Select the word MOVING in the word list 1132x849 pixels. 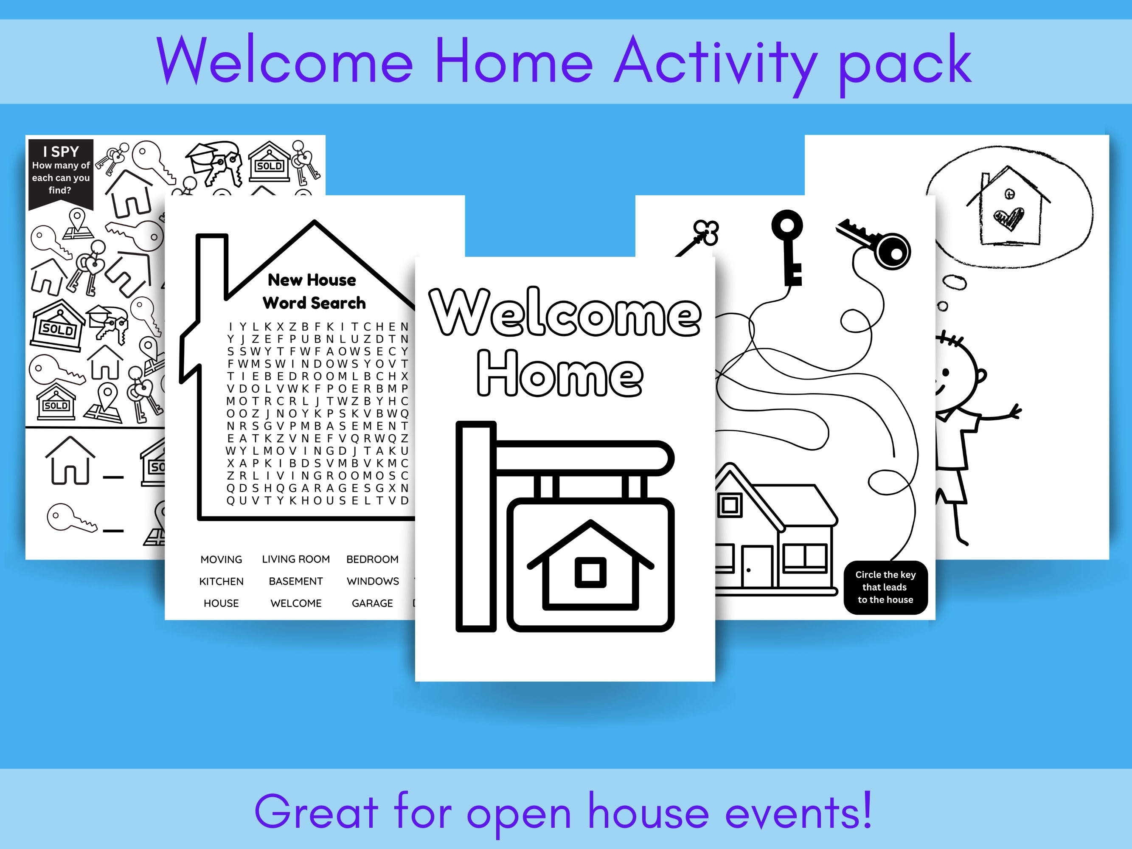(221, 559)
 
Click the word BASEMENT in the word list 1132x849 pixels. (296, 581)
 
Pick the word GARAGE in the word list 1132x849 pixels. (372, 603)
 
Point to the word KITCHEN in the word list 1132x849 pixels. (221, 581)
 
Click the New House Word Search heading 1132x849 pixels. (313, 291)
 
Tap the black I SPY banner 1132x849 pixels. (61, 171)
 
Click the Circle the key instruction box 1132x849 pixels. (885, 587)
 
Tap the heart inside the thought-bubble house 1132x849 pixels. (1008, 219)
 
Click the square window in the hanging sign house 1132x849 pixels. (590, 572)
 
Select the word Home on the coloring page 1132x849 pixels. (560, 374)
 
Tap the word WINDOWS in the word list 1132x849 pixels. (373, 581)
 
